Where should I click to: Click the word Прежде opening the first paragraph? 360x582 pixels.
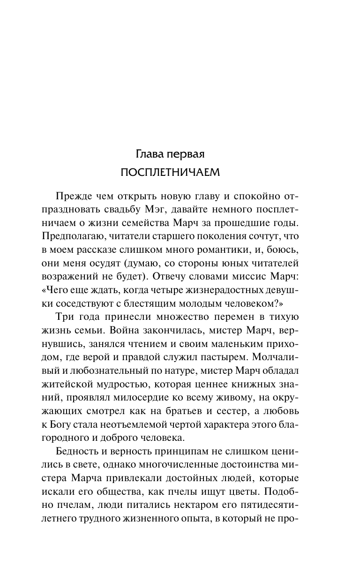(72, 195)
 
